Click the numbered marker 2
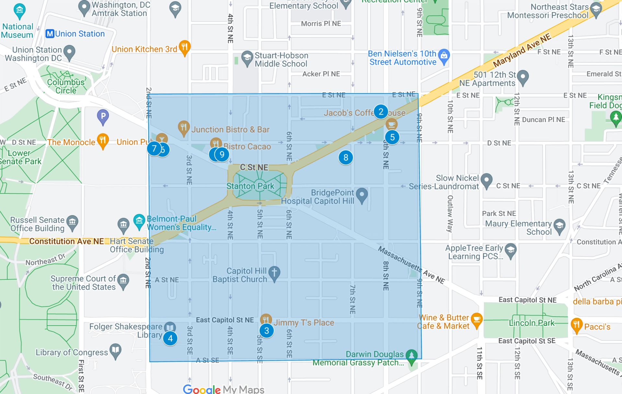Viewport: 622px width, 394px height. coord(381,111)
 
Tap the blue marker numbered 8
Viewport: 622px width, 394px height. coord(346,157)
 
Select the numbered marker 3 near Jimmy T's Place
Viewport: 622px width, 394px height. coord(266,330)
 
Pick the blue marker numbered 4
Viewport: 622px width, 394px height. coord(170,338)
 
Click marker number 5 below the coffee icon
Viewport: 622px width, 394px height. coord(392,137)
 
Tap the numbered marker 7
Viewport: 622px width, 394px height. coord(154,149)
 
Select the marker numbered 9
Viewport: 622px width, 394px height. coord(222,154)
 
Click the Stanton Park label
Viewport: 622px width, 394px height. coord(250,186)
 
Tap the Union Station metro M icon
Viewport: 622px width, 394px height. coord(50,34)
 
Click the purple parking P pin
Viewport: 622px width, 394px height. coord(103,116)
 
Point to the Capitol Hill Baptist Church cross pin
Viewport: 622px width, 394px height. coord(274,273)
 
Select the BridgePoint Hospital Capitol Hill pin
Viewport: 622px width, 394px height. coord(362,195)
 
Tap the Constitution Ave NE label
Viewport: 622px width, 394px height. coord(66,241)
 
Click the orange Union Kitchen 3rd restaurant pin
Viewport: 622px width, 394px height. coord(184,47)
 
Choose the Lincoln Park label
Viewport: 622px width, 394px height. coord(532,323)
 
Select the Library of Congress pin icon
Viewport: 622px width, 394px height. coord(116,350)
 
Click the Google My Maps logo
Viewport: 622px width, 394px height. coord(224,389)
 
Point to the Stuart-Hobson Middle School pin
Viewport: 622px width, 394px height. coord(247,58)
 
